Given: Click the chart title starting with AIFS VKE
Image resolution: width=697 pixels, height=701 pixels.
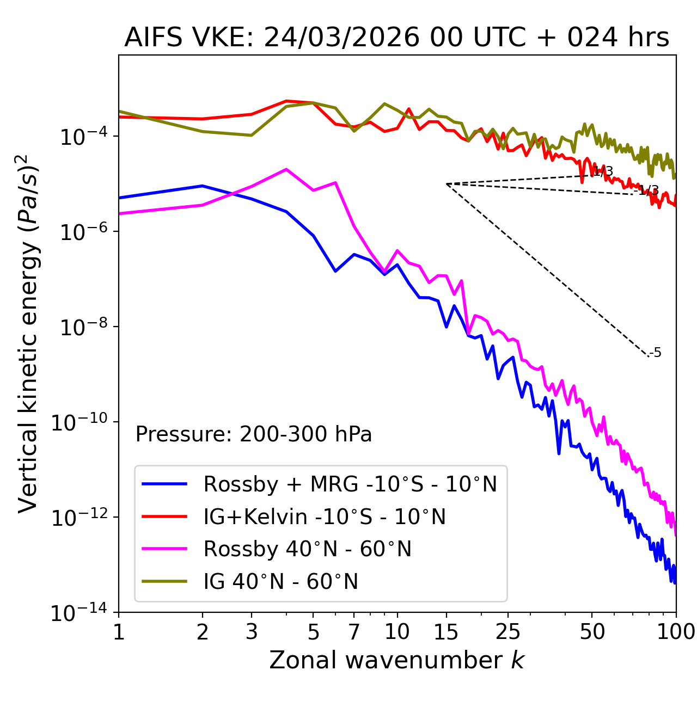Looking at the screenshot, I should point(396,38).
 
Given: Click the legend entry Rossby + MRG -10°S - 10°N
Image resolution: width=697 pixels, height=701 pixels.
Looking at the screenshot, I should point(350,484).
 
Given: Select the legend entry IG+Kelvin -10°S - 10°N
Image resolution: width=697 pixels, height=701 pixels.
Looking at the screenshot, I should point(325,516).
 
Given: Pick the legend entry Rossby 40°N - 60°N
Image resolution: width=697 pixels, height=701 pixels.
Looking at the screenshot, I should point(307,549).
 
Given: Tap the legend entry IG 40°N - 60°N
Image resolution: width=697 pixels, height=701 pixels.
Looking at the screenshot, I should point(280,582).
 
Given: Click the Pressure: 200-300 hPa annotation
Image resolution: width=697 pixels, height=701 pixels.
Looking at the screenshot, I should point(253,434).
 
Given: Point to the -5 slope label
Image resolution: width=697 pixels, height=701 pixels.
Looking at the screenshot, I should point(656,353).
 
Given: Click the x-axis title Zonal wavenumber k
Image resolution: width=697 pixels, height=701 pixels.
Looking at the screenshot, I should point(396,660).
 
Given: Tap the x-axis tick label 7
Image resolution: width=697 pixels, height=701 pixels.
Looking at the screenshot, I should point(354,632).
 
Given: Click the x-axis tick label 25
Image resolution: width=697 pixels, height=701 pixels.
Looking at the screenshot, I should point(508,632).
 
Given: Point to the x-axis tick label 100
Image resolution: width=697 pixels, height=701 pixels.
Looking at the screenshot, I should point(676,632).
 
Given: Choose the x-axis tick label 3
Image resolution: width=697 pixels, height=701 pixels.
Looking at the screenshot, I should point(252,632).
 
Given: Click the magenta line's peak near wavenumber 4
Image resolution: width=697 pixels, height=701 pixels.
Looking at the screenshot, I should point(286,169).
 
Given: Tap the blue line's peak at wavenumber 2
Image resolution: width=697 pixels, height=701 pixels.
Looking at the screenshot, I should point(203,186).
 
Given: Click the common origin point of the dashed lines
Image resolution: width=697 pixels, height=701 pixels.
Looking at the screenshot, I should point(447,184).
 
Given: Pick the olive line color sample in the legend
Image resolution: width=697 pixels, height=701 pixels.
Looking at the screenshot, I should point(164,582).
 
